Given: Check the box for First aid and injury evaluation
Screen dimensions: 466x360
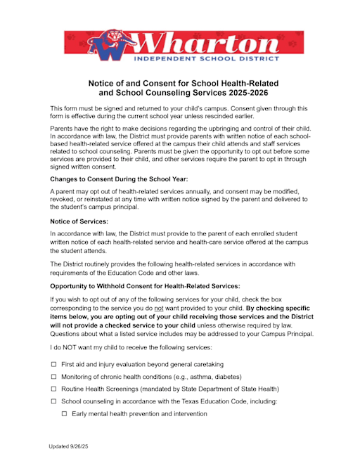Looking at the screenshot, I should coord(53,365).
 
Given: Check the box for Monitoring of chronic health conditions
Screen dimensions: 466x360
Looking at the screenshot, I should coord(53,377).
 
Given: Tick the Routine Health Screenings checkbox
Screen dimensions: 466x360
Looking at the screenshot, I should coord(53,389).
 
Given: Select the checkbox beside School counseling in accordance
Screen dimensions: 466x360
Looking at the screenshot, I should coord(53,401).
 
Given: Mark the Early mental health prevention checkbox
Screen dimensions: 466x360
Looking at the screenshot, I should coord(64,414).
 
